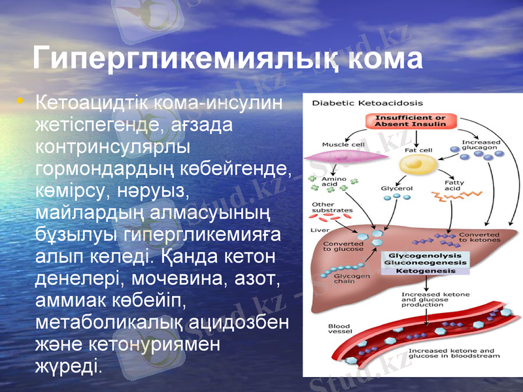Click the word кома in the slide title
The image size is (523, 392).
click(386, 59)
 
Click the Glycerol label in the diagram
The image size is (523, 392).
click(396, 188)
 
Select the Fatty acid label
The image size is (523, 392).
click(452, 186)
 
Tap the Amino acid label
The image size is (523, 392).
click(330, 182)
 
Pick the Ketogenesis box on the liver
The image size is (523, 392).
click(427, 270)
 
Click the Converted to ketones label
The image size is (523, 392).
click(479, 237)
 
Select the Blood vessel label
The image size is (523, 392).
click(339, 329)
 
